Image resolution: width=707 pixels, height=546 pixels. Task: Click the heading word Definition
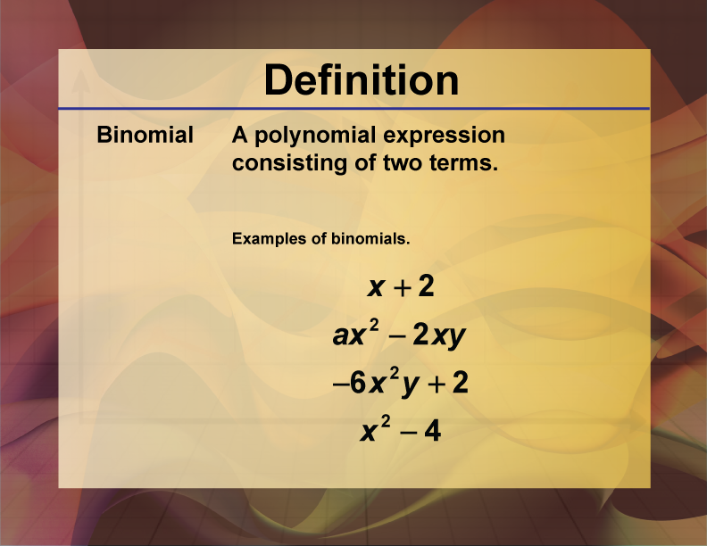point(362,79)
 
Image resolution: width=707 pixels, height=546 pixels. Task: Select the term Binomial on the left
point(146,135)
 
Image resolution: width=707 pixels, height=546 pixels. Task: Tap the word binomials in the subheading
point(370,238)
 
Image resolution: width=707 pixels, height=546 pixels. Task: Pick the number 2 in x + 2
point(426,286)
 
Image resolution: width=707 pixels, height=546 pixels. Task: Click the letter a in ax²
point(340,335)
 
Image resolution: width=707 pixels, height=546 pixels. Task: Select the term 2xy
point(438,335)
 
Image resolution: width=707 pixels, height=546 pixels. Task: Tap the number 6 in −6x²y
point(358,384)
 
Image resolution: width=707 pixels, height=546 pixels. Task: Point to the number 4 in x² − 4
point(432,431)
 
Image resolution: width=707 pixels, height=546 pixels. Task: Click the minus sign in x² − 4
point(409,433)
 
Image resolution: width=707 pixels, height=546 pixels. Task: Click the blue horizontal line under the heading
point(354,109)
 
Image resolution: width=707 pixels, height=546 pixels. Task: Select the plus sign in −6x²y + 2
point(437,385)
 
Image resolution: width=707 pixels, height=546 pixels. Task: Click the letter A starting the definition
point(240,135)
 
